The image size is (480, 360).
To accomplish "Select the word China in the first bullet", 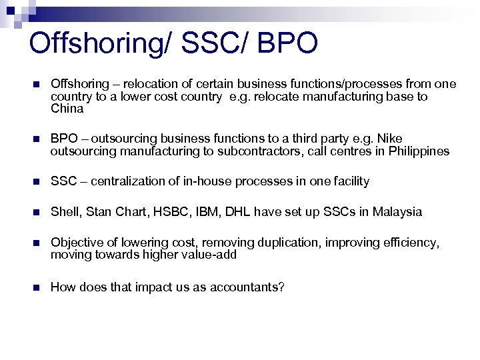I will pos(67,109).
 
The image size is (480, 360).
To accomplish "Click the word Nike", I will pos(390,139).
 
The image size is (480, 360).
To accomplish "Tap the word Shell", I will pos(65,212).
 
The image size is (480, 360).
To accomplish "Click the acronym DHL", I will pos(245,212).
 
